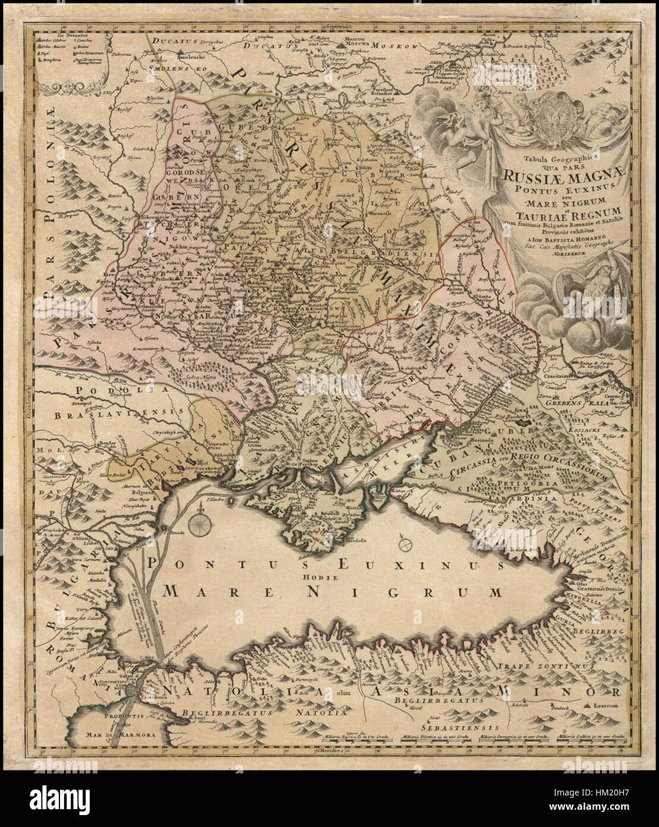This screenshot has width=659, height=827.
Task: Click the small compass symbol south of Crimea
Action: (406, 543)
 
